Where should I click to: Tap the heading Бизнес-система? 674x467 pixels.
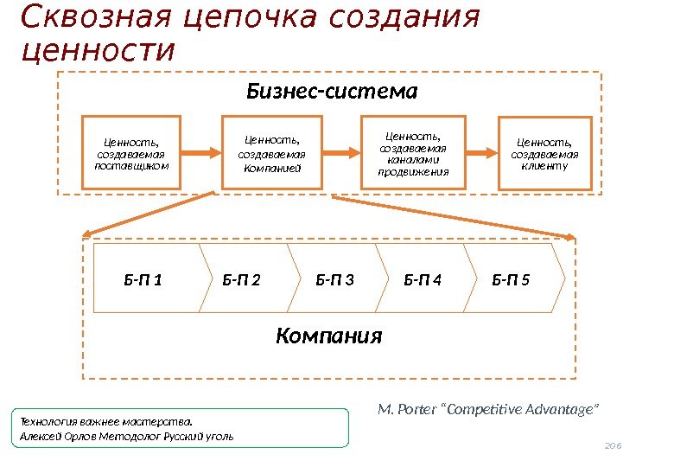click(x=333, y=91)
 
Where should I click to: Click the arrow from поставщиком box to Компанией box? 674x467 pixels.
click(x=202, y=152)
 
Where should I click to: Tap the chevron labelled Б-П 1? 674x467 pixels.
click(x=144, y=278)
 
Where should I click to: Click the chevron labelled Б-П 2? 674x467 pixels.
click(x=242, y=278)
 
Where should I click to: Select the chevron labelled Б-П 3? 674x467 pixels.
click(x=334, y=278)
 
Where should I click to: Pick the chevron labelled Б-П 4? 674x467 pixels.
click(x=423, y=278)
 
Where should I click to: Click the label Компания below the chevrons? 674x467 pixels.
click(x=328, y=336)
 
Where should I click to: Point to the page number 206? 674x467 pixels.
click(x=613, y=445)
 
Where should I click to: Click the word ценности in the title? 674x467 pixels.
click(x=96, y=50)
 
